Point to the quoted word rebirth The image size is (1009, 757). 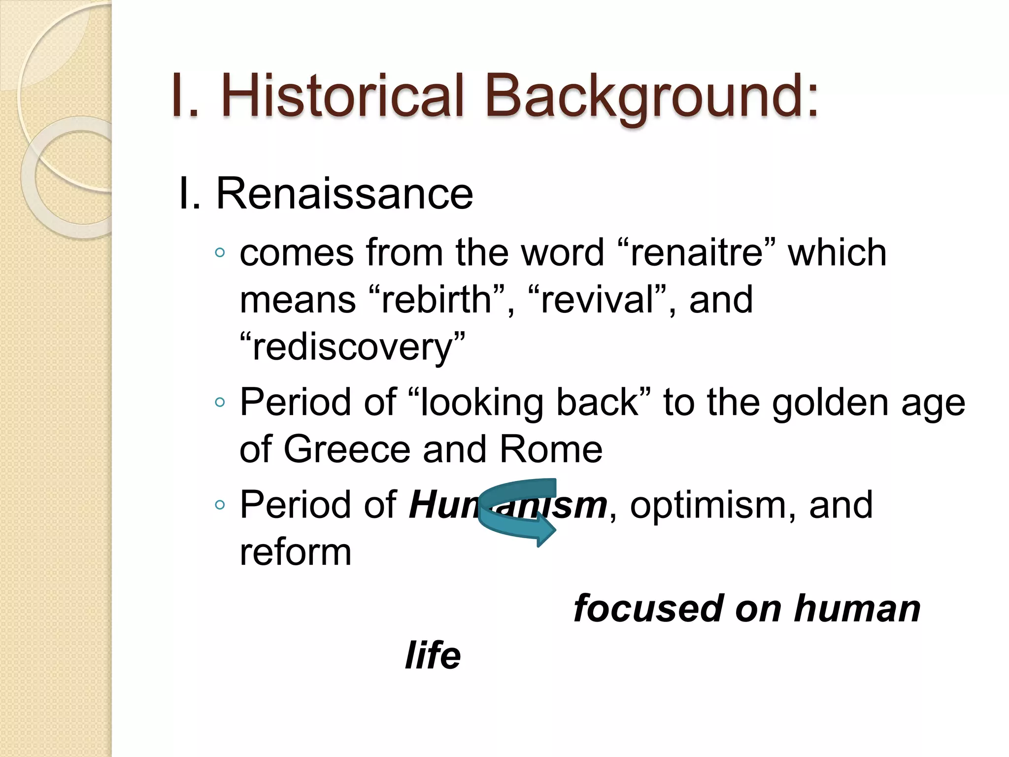pyautogui.click(x=437, y=300)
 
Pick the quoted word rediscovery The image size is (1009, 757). pyautogui.click(x=352, y=347)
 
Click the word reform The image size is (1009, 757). pyautogui.click(x=296, y=552)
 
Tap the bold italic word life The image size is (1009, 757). pyautogui.click(x=433, y=655)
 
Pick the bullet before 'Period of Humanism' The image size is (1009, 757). pyautogui.click(x=220, y=505)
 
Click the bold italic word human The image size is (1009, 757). pyautogui.click(x=857, y=609)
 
